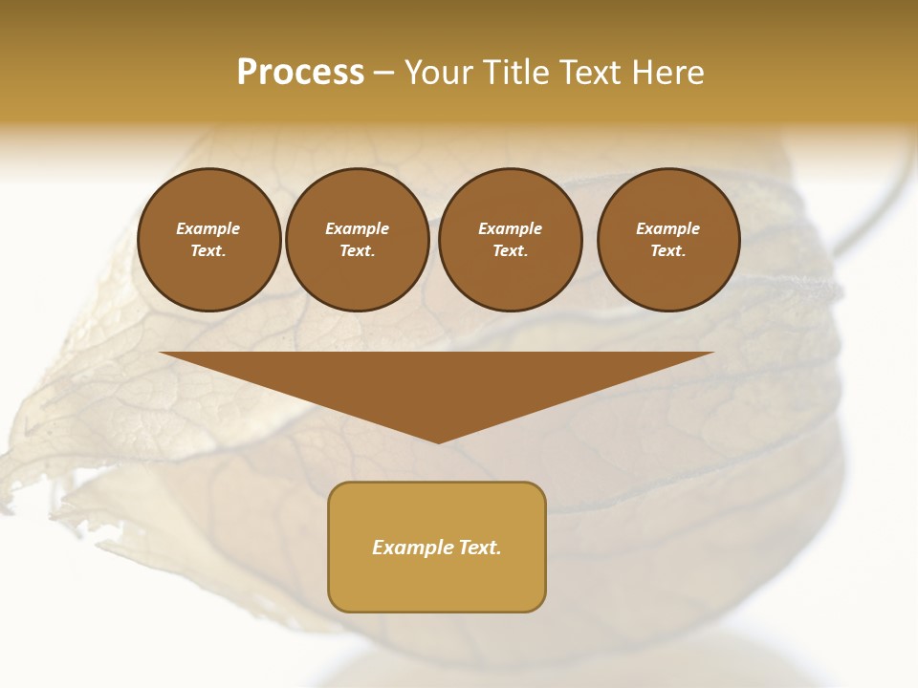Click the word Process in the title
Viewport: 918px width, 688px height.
300,73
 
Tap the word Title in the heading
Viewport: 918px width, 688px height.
517,73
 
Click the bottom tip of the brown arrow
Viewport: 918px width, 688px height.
438,441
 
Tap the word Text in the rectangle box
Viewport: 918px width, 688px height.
481,548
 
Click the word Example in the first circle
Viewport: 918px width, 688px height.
208,228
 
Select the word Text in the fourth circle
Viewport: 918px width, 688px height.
667,250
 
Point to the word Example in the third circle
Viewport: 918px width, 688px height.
510,228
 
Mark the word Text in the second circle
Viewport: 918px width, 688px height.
356,250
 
